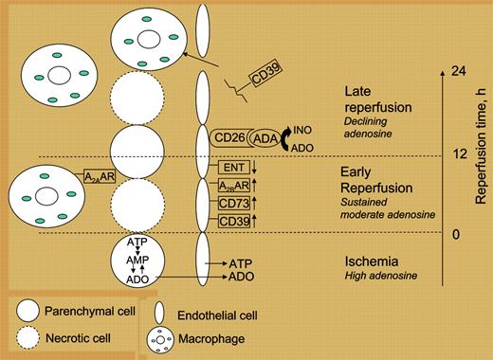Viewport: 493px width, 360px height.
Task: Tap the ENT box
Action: coord(234,167)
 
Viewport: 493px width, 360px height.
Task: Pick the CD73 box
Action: coord(234,203)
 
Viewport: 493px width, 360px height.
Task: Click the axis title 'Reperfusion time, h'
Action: coord(482,153)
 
